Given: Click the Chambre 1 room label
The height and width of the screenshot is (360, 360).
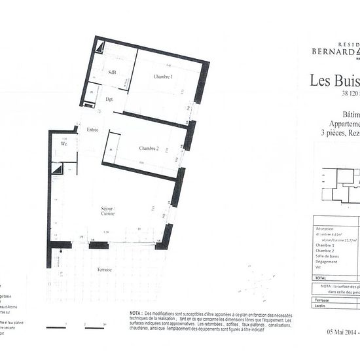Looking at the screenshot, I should point(163,77).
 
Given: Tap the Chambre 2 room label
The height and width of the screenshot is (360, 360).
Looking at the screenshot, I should point(149,149).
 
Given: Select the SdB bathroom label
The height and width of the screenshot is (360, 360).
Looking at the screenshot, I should point(113,73).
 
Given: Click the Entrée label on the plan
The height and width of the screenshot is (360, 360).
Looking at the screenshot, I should point(92,130).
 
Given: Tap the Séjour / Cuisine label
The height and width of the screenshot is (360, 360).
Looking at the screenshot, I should point(108,210).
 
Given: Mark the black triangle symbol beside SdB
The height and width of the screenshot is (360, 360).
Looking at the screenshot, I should point(101,47).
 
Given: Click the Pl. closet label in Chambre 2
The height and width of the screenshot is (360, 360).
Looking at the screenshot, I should point(111,149).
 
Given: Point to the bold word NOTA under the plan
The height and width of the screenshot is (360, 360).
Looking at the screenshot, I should point(135,314).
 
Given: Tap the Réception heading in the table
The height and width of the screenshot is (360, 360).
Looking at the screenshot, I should point(326,228).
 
